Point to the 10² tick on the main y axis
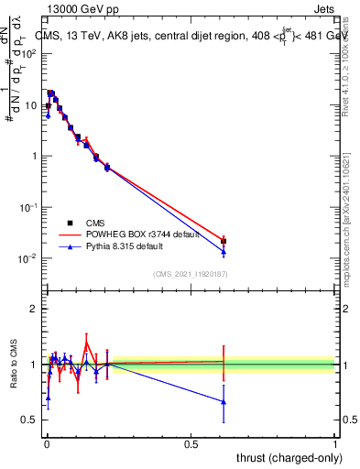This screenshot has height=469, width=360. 30,53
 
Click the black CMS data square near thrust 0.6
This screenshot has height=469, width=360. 224,241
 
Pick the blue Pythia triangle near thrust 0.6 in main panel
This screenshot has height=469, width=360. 224,252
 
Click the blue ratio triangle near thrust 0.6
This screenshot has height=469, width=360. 224,401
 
